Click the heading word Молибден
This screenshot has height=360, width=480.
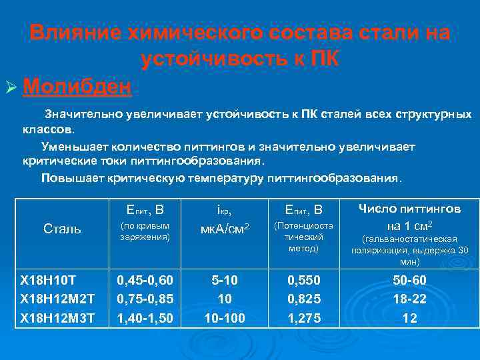point(79,86)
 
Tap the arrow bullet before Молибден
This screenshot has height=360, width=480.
point(12,87)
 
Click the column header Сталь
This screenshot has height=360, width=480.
point(62,229)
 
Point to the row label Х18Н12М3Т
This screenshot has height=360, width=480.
point(57,319)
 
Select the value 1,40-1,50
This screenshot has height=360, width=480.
point(145,319)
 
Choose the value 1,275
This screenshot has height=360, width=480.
point(303,319)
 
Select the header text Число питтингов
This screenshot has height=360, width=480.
point(409,209)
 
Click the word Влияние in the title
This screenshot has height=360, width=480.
point(75,33)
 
